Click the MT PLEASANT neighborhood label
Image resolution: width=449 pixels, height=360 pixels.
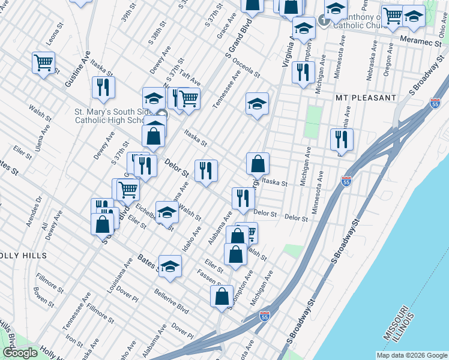tap(366, 97)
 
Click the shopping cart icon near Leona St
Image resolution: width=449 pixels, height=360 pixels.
tap(43, 62)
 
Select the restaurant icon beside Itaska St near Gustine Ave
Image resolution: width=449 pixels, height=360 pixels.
tap(103, 87)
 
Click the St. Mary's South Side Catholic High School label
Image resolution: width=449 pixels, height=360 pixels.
tap(114, 115)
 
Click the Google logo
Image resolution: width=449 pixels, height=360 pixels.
tap(19, 353)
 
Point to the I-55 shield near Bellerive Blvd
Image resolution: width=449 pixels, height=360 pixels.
tap(265, 316)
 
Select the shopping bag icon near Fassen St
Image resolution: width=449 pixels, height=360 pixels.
tap(221, 296)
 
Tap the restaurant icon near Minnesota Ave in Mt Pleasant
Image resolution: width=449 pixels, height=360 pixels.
tap(341, 139)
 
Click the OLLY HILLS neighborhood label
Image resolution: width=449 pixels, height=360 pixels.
tap(23, 256)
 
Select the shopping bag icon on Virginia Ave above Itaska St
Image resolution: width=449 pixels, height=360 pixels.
tap(258, 163)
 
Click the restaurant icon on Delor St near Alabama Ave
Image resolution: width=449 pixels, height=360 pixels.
tap(243, 198)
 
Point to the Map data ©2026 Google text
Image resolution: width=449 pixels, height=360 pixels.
tap(411, 355)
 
